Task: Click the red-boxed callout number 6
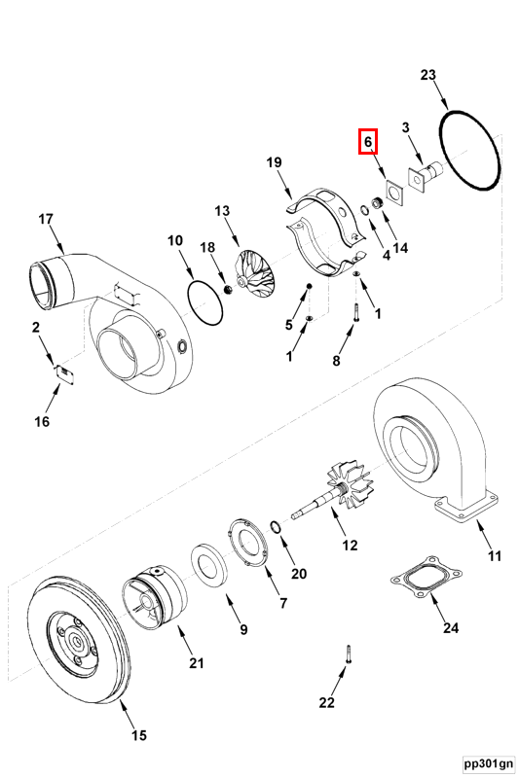tap(368, 141)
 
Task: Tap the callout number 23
tap(427, 75)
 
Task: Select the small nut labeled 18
tap(229, 289)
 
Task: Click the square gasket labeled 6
tap(394, 193)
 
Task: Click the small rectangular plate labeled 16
tap(65, 374)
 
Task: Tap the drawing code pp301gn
tap(489, 762)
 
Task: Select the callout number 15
tap(139, 735)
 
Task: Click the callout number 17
tap(46, 219)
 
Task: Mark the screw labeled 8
tap(355, 312)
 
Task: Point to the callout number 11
tap(495, 555)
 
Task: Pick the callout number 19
tap(275, 162)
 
